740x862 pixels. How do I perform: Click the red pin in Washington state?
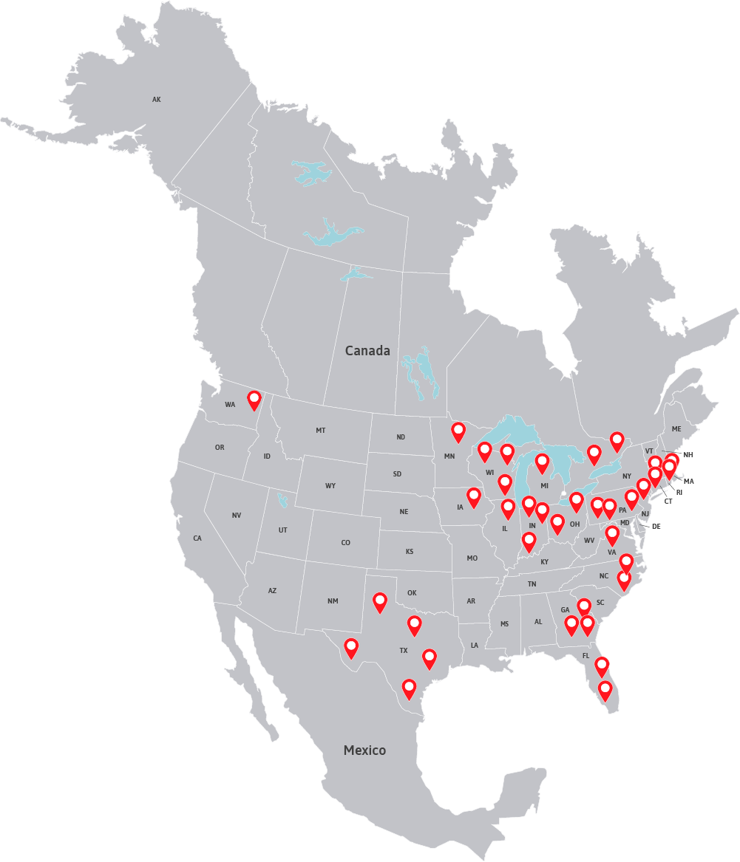click(254, 400)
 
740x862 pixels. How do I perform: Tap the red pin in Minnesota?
click(458, 431)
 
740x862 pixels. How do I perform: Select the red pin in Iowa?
click(474, 496)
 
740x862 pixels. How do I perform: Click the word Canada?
click(367, 351)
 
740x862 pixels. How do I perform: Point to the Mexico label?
click(364, 750)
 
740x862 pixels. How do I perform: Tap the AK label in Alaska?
click(156, 99)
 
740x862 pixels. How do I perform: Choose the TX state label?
click(404, 651)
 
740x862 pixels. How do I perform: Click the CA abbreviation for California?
click(197, 538)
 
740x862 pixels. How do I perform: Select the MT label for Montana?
click(320, 430)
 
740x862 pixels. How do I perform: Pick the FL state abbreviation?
click(585, 656)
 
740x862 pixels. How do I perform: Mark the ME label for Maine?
click(676, 428)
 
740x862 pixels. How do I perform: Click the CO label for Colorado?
click(345, 543)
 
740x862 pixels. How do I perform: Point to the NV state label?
click(237, 516)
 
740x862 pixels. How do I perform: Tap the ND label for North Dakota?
click(401, 437)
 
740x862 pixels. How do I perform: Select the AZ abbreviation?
click(272, 591)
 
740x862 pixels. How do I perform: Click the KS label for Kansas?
click(410, 552)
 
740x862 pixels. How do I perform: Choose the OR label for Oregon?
click(220, 448)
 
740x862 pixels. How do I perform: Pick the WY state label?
click(330, 486)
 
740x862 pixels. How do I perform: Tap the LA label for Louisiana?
click(474, 646)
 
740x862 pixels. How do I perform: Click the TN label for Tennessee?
click(532, 584)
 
